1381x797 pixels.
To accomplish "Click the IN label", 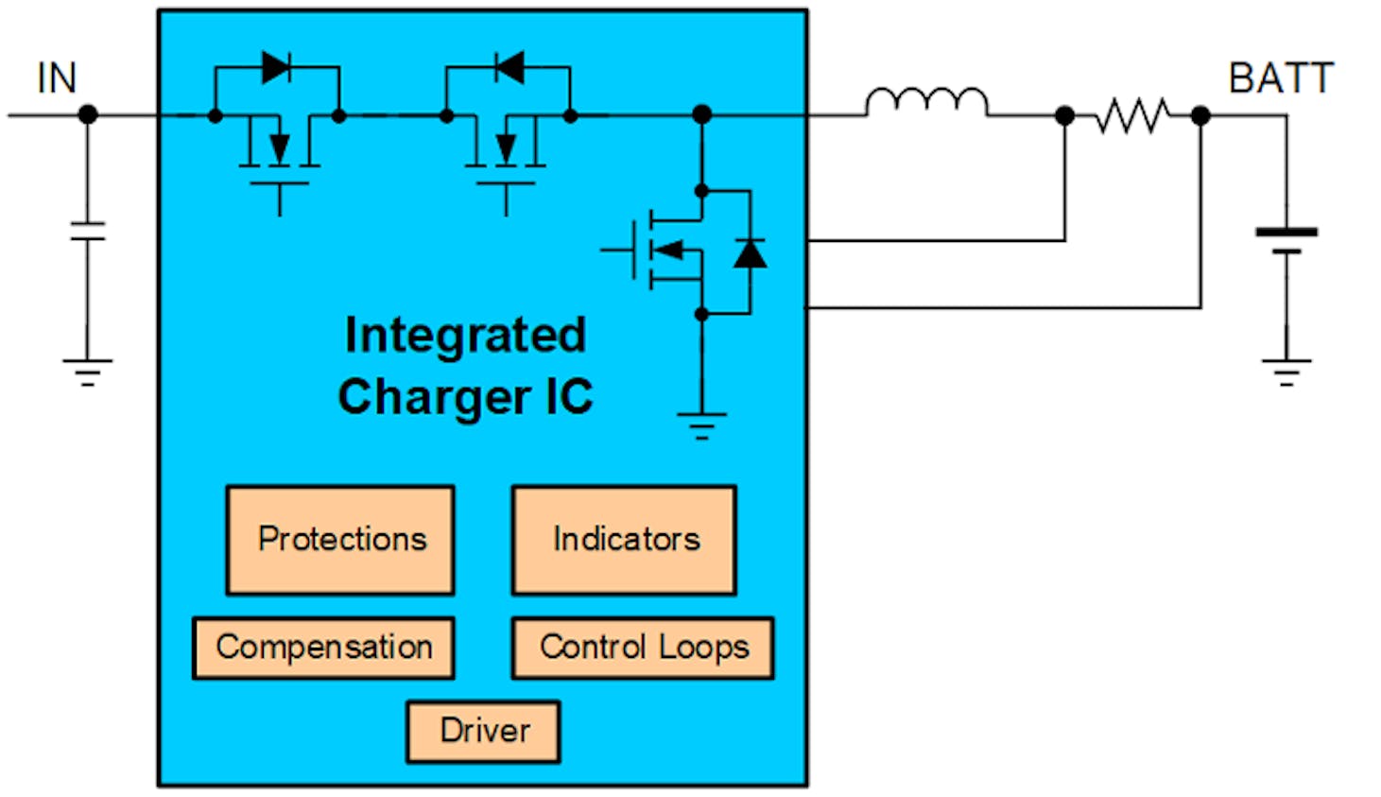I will click(x=56, y=78).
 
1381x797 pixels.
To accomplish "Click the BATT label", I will click(x=1280, y=78).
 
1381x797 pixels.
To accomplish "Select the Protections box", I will click(x=340, y=540).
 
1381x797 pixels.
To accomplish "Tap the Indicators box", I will click(x=624, y=540).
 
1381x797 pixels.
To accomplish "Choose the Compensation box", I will click(x=323, y=648).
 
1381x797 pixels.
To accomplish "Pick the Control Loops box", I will click(x=643, y=648).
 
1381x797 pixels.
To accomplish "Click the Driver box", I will click(x=483, y=731).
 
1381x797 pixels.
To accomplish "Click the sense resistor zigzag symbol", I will click(x=1131, y=115).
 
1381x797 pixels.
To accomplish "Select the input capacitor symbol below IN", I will click(x=88, y=231).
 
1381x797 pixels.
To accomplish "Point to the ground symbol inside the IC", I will click(x=701, y=424).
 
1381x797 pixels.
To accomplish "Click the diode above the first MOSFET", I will click(x=276, y=67).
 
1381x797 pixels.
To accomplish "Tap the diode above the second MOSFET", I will click(x=509, y=67).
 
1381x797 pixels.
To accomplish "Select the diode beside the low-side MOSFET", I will click(x=750, y=252).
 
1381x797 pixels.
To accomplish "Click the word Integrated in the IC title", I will click(x=465, y=335).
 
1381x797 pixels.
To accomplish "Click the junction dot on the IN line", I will click(x=88, y=115).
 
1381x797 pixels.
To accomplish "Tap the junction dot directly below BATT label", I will click(x=1200, y=115).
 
